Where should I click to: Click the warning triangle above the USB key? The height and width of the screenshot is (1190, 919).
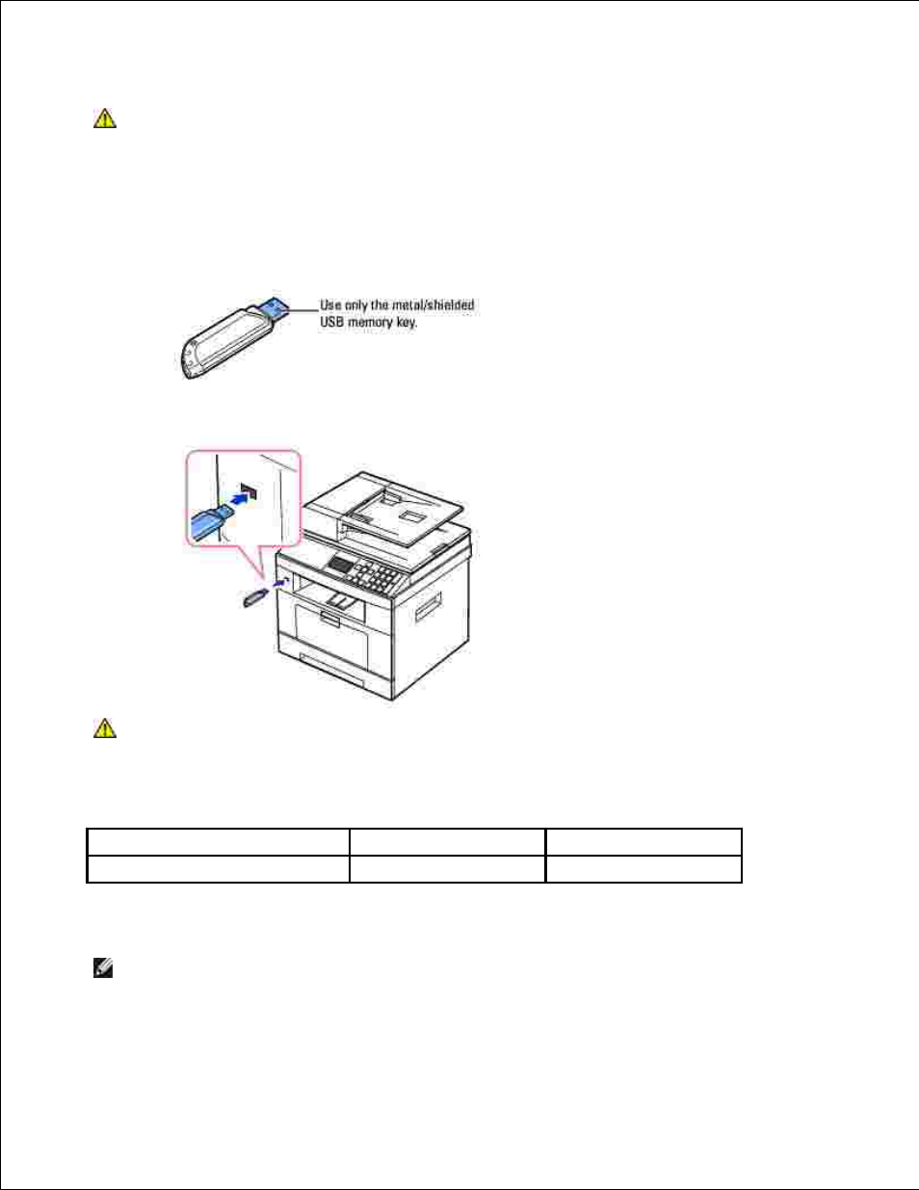pos(104,119)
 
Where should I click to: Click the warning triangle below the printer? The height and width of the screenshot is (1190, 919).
pos(104,727)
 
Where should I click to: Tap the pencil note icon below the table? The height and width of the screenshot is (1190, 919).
pos(102,969)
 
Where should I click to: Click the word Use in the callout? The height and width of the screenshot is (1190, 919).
pos(330,304)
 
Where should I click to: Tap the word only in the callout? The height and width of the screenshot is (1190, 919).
pos(356,304)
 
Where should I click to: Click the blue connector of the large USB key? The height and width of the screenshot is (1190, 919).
pos(274,309)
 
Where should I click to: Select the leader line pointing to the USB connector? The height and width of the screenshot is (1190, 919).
pos(303,309)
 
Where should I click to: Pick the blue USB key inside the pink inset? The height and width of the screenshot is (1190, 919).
pos(208,523)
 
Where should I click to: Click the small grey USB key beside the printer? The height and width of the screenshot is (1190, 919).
pos(253,598)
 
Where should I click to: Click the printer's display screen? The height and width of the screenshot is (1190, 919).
pos(341,563)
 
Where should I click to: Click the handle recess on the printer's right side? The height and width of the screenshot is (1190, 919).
pos(427,608)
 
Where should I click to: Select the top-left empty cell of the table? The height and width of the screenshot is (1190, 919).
pos(218,841)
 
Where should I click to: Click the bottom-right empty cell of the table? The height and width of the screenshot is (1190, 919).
pos(643,869)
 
